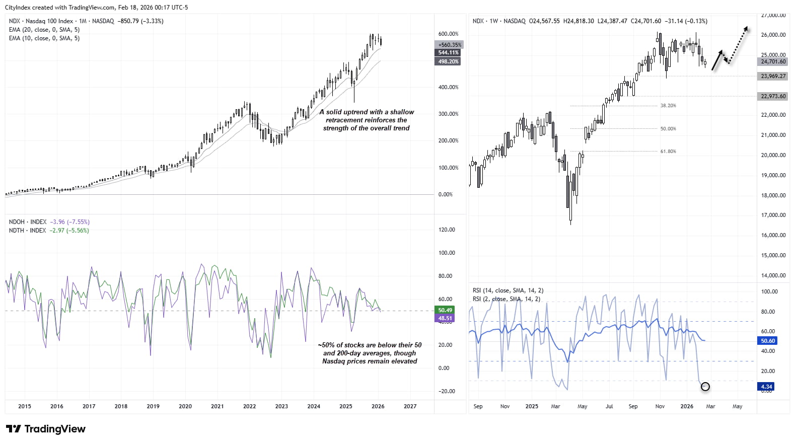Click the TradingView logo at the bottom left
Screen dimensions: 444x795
click(x=45, y=429)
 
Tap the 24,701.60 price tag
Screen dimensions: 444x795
click(x=773, y=61)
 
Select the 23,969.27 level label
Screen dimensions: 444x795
click(x=773, y=76)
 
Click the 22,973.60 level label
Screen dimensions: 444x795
click(x=773, y=96)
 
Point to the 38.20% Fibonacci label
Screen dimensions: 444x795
click(x=668, y=106)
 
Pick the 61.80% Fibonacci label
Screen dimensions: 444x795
click(x=668, y=151)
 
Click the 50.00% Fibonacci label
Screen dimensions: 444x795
click(x=668, y=129)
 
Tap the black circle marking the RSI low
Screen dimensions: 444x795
click(x=705, y=387)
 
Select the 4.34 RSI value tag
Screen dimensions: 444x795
click(x=766, y=387)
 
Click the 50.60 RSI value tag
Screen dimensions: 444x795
click(x=767, y=341)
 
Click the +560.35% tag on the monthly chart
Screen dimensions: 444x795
click(x=449, y=45)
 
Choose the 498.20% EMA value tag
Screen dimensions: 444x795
click(x=448, y=61)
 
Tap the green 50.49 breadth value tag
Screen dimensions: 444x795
click(x=445, y=310)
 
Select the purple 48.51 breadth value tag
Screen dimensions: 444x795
click(x=445, y=318)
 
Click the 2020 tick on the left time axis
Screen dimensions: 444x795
click(x=185, y=406)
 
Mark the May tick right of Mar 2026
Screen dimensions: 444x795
click(x=737, y=406)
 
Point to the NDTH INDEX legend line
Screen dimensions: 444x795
click(x=48, y=231)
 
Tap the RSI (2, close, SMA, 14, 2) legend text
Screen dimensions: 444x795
click(x=506, y=299)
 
